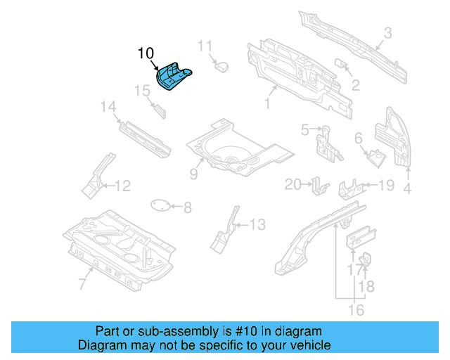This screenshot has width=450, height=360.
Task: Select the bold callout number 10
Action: coord(146,53)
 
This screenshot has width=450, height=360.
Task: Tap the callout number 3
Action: coord(387,32)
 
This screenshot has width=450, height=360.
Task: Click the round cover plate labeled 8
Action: coord(161,205)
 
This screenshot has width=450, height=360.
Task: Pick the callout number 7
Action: coord(82,283)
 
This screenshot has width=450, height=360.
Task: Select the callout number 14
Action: coord(108,107)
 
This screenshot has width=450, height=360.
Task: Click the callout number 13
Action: coord(257,225)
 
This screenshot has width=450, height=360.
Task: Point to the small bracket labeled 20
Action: coord(320,187)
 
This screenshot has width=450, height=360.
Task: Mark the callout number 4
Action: coord(407,188)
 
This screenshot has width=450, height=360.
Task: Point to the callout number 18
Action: coord(367,285)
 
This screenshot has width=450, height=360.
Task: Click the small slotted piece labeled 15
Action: coord(158,109)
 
